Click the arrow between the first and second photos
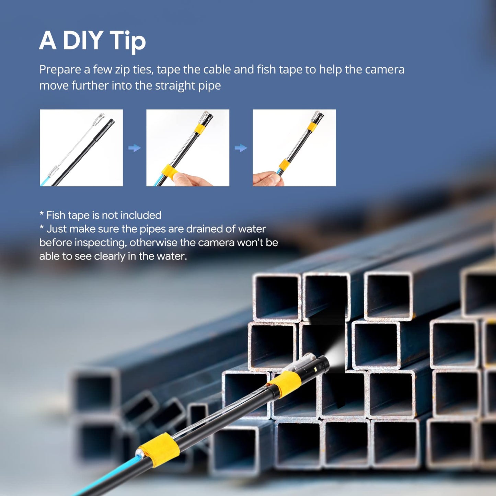coord(134,148)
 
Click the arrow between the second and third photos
coord(241,148)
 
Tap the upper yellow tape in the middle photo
coord(200,128)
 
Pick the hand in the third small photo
coord(268,178)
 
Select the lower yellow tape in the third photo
coord(284,165)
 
